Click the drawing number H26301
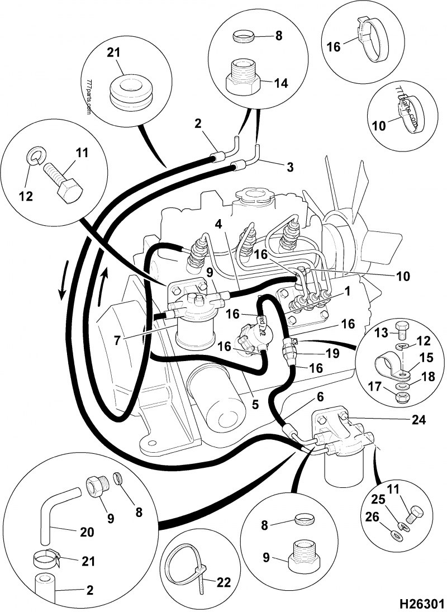click(421, 604)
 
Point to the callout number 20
click(87, 532)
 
